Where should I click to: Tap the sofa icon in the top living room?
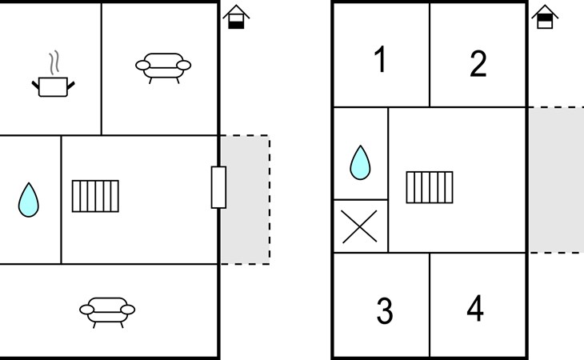[x=163, y=68]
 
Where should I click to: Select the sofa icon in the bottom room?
[x=107, y=312]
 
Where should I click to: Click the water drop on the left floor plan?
[x=28, y=199]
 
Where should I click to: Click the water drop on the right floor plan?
[x=360, y=162]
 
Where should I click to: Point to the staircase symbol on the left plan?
[x=95, y=196]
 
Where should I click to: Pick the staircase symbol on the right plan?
[x=430, y=187]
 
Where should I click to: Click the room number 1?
[x=380, y=59]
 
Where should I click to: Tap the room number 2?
[x=478, y=64]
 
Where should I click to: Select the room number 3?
[x=385, y=310]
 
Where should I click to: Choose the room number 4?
[x=475, y=308]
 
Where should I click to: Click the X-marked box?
[x=360, y=226]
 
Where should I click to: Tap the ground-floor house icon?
[x=236, y=17]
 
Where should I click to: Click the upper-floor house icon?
[x=545, y=17]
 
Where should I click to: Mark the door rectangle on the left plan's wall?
[x=218, y=187]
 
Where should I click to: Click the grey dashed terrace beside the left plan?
[x=245, y=200]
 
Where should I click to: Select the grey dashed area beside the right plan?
[x=557, y=180]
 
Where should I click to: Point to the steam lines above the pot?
[x=54, y=62]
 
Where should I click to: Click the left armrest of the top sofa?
[x=142, y=66]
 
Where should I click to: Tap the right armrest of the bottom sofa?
[x=128, y=310]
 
